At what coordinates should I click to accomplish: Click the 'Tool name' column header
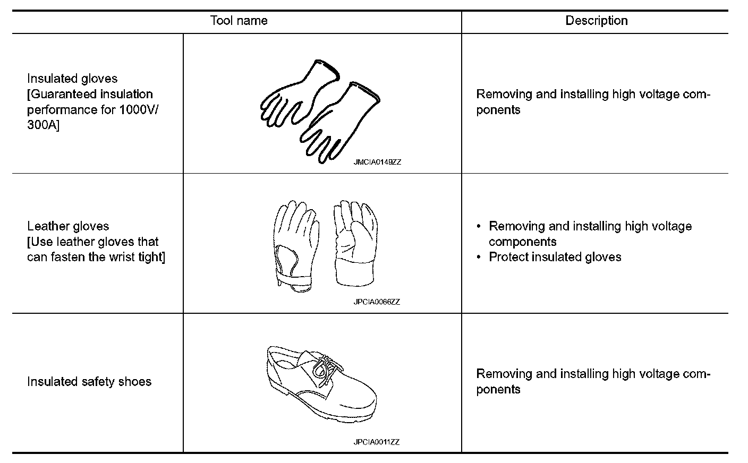[239, 21]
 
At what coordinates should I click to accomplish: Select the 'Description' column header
[596, 21]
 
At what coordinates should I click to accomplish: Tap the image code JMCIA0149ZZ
[377, 162]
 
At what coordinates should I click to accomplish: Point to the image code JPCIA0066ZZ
[377, 302]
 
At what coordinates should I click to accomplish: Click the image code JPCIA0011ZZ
[377, 442]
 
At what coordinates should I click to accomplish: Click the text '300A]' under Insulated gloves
[43, 125]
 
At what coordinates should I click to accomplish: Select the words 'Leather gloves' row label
[68, 226]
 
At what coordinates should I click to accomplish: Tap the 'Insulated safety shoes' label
[89, 382]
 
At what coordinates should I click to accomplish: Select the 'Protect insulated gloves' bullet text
[555, 257]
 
